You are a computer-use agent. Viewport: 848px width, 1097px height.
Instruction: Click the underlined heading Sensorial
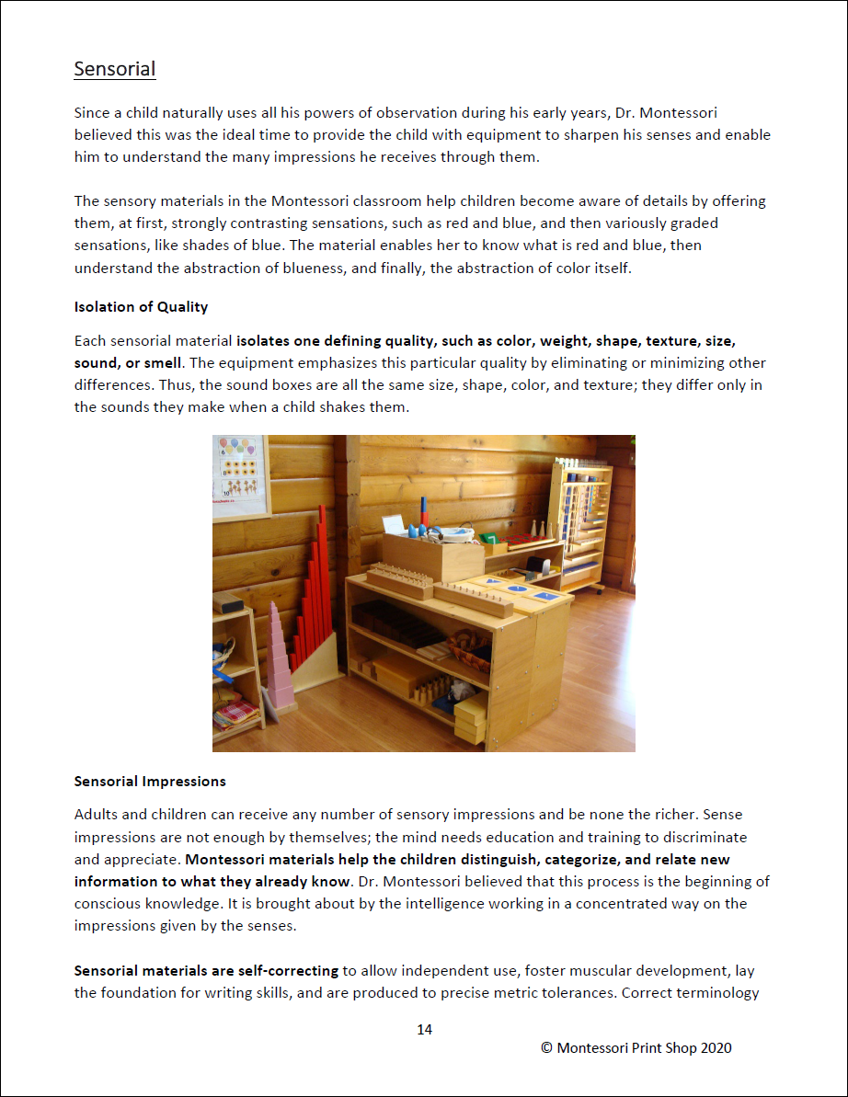(115, 69)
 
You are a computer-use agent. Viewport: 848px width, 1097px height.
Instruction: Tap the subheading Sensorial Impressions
(150, 782)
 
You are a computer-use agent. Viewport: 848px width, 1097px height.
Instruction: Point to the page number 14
(424, 1030)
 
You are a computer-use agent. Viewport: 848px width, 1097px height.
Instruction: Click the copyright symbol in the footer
(545, 1048)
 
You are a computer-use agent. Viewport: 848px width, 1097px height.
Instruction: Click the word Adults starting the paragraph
(97, 815)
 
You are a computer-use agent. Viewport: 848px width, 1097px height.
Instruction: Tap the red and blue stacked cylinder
(426, 509)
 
